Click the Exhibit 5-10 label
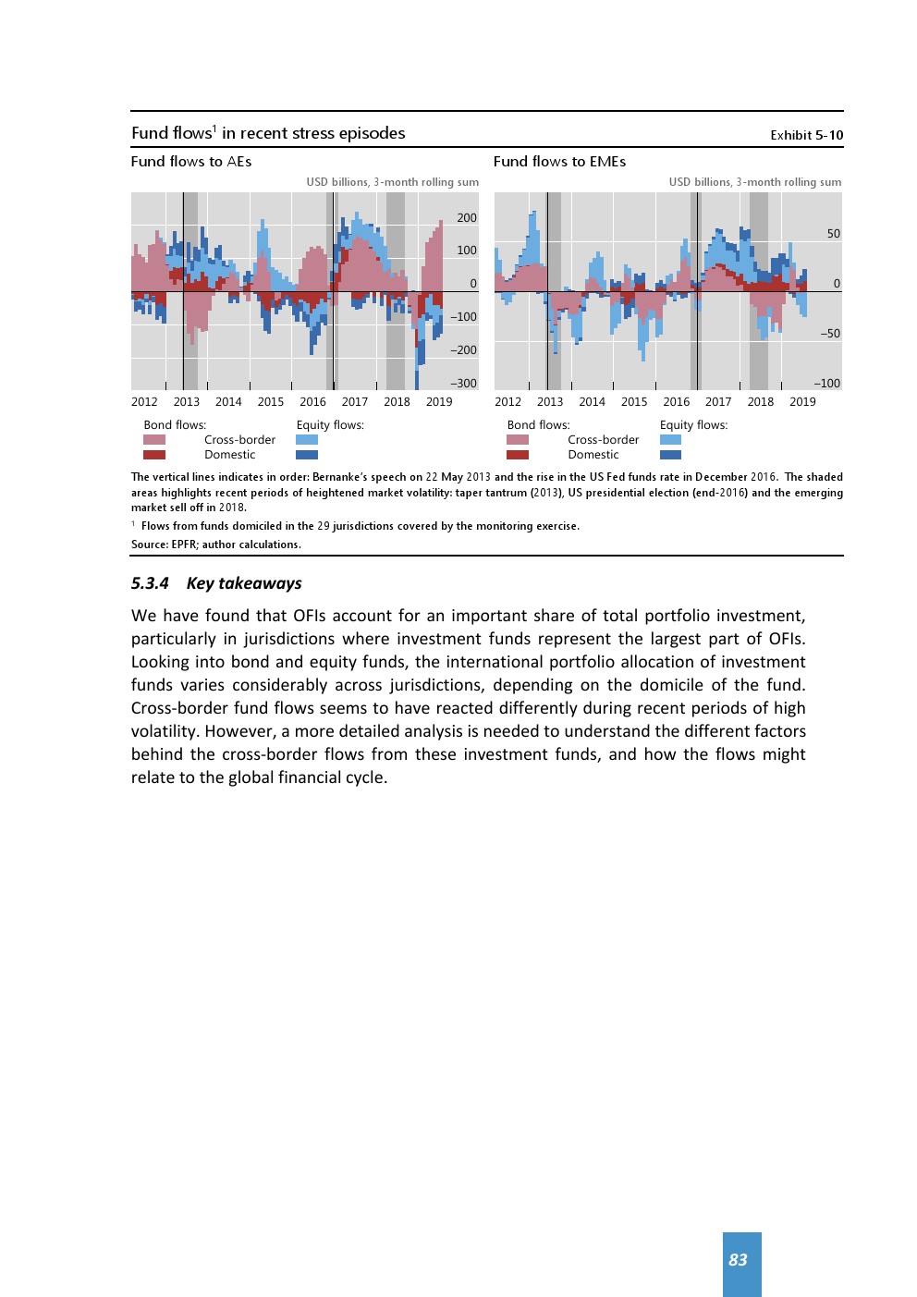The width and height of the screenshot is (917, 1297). [x=806, y=135]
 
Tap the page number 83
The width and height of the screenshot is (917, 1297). [x=738, y=1260]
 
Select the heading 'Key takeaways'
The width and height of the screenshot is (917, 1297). [x=244, y=583]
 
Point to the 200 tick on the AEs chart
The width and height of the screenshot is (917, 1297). [x=467, y=218]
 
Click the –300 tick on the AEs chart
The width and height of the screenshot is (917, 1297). [x=464, y=384]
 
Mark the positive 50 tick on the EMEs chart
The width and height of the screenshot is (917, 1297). [x=834, y=234]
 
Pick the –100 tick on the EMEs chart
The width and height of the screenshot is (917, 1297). [x=826, y=384]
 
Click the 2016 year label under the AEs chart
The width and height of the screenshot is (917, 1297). [x=312, y=402]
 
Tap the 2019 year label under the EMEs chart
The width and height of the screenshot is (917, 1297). [x=802, y=402]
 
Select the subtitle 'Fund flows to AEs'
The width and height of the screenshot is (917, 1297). [x=191, y=162]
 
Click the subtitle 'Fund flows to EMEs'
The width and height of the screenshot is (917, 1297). [x=559, y=162]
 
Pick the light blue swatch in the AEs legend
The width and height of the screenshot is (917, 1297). [x=307, y=440]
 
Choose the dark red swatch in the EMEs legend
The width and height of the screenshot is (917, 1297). [x=518, y=455]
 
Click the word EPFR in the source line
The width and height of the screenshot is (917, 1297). [x=182, y=544]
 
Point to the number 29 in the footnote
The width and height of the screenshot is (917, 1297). [x=324, y=526]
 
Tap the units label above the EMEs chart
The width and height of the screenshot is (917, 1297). [x=755, y=182]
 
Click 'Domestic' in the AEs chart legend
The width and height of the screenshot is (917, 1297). [x=230, y=455]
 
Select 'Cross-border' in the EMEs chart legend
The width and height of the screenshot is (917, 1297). [x=604, y=440]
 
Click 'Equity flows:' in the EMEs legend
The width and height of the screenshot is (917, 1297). [x=693, y=425]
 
